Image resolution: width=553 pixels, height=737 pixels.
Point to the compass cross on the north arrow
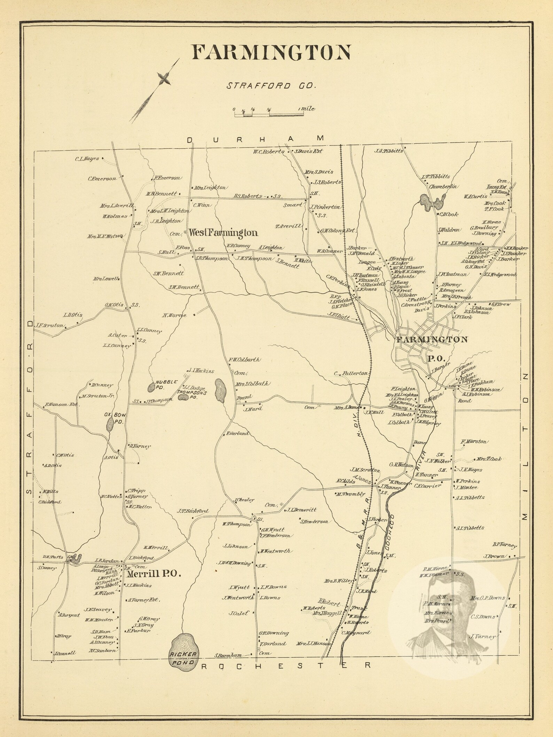pyautogui.click(x=164, y=79)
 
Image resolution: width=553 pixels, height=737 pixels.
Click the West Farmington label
pyautogui.click(x=223, y=233)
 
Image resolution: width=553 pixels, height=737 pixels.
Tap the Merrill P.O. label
pyautogui.click(x=154, y=574)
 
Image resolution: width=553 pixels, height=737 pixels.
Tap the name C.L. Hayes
pyautogui.click(x=87, y=159)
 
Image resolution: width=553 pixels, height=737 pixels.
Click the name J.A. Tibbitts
pyautogui.click(x=389, y=151)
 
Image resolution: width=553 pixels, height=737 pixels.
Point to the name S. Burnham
pyautogui.click(x=228, y=655)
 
